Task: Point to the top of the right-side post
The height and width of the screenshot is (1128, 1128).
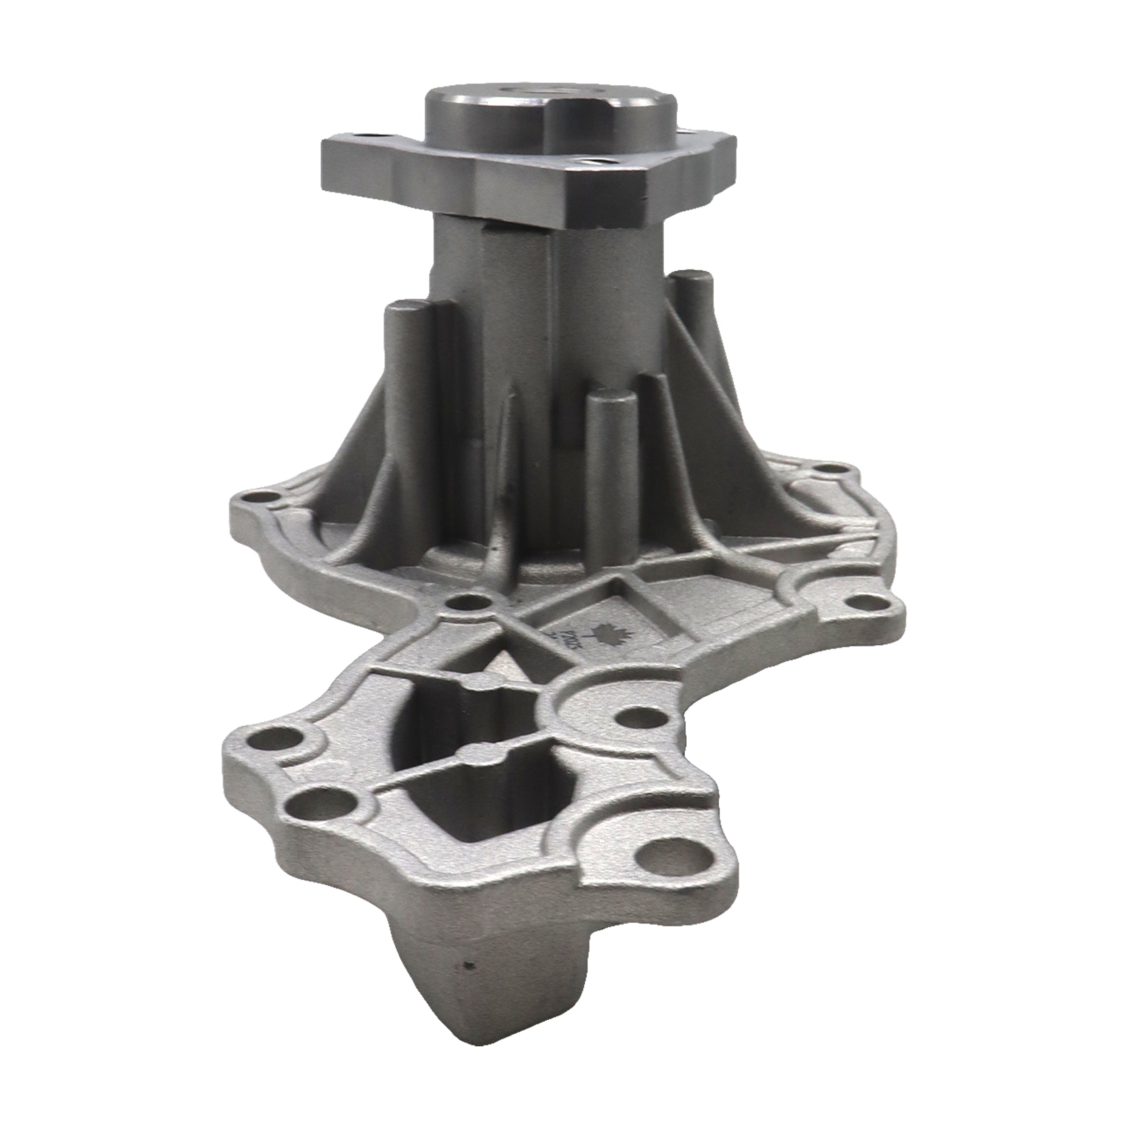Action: [690, 276]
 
